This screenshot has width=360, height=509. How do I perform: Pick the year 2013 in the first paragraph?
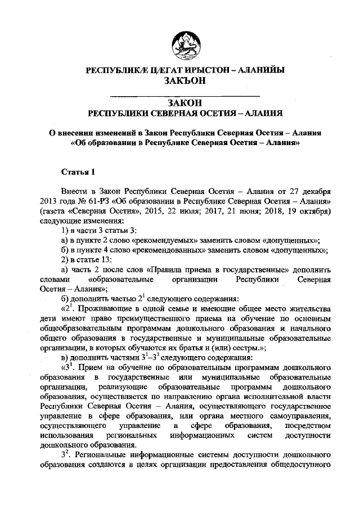pos(49,200)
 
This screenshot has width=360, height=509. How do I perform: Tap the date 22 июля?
pos(200,210)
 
